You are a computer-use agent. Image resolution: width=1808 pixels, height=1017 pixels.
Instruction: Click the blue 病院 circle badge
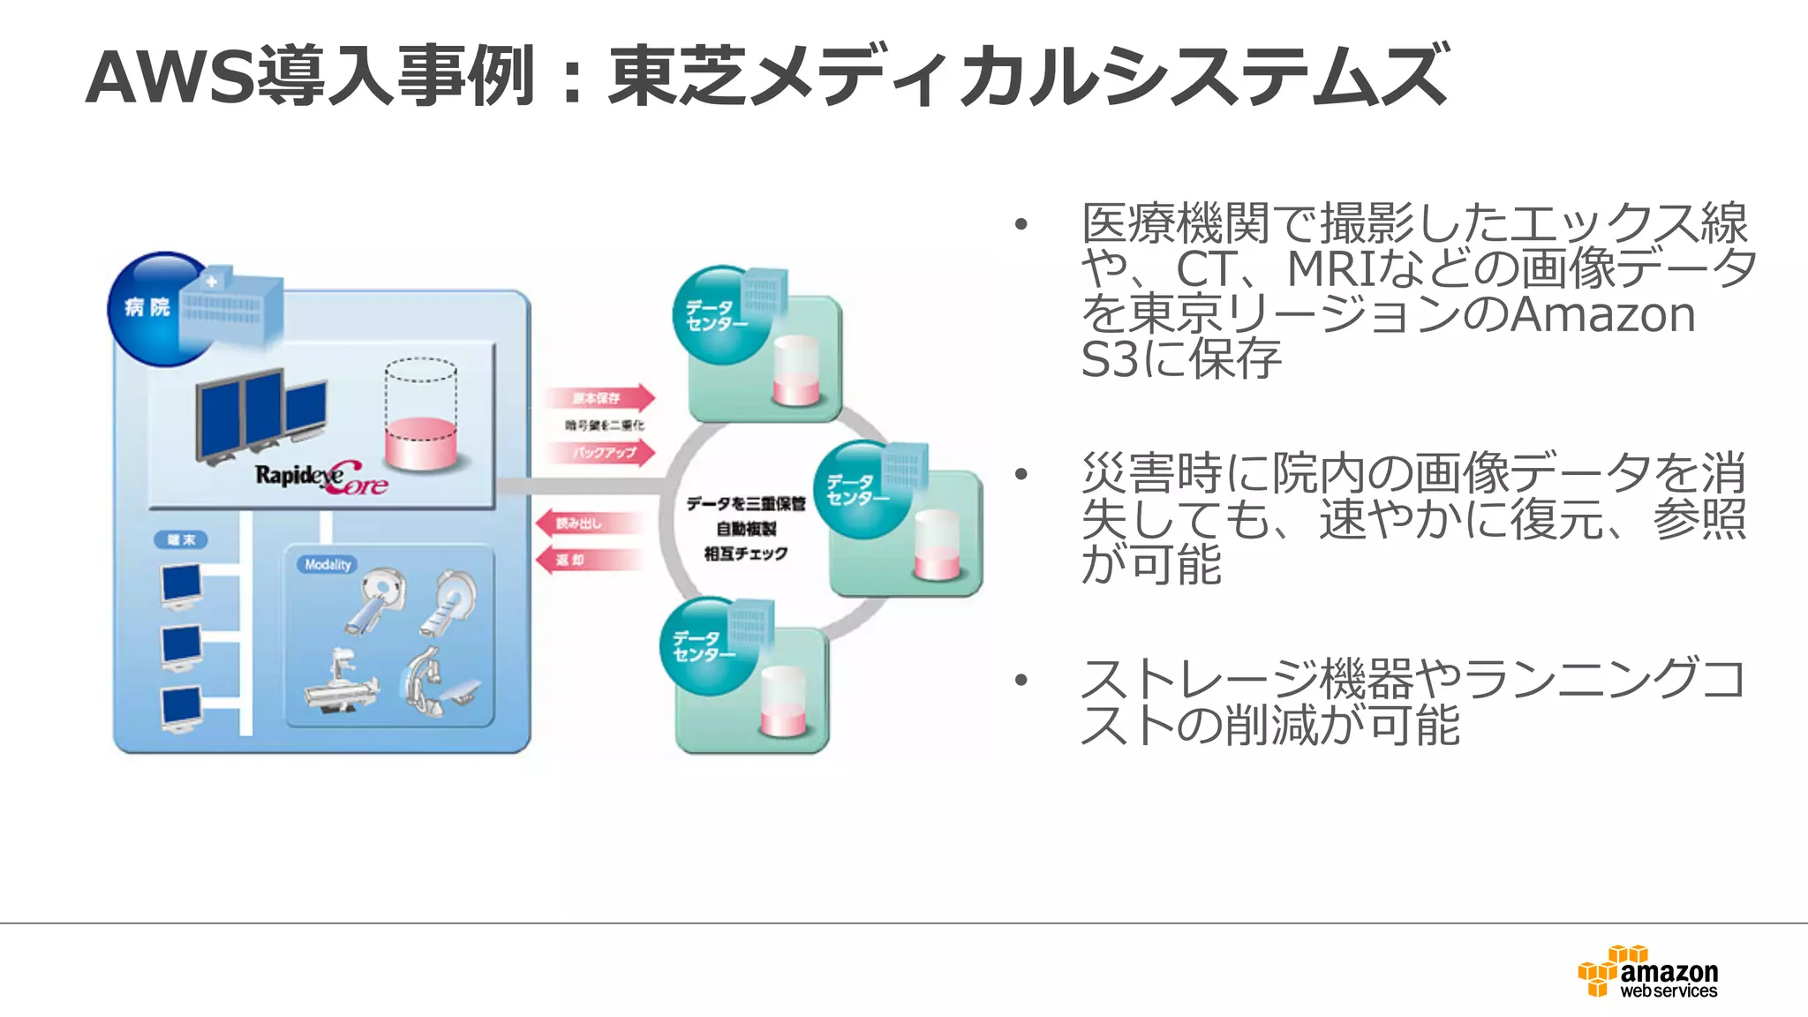click(x=150, y=308)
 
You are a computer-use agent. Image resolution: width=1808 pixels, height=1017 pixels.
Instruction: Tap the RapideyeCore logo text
click(x=321, y=478)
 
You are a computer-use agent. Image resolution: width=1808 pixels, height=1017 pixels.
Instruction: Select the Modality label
click(x=328, y=564)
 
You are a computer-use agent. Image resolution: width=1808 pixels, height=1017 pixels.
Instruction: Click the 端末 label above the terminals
click(x=181, y=539)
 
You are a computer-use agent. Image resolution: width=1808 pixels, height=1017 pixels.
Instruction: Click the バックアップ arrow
click(x=600, y=453)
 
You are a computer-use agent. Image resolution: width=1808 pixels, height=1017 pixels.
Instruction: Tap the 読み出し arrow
click(x=586, y=524)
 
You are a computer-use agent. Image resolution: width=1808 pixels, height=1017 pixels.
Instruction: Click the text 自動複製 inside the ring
click(x=746, y=529)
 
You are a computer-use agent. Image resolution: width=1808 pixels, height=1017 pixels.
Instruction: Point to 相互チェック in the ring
click(x=746, y=554)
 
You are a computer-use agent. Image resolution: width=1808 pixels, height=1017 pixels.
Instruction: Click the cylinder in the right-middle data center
click(x=937, y=544)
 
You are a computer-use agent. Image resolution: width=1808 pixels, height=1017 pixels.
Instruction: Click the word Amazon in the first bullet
click(x=1602, y=314)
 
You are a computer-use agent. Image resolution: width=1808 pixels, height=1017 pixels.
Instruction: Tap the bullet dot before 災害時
click(x=1021, y=475)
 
